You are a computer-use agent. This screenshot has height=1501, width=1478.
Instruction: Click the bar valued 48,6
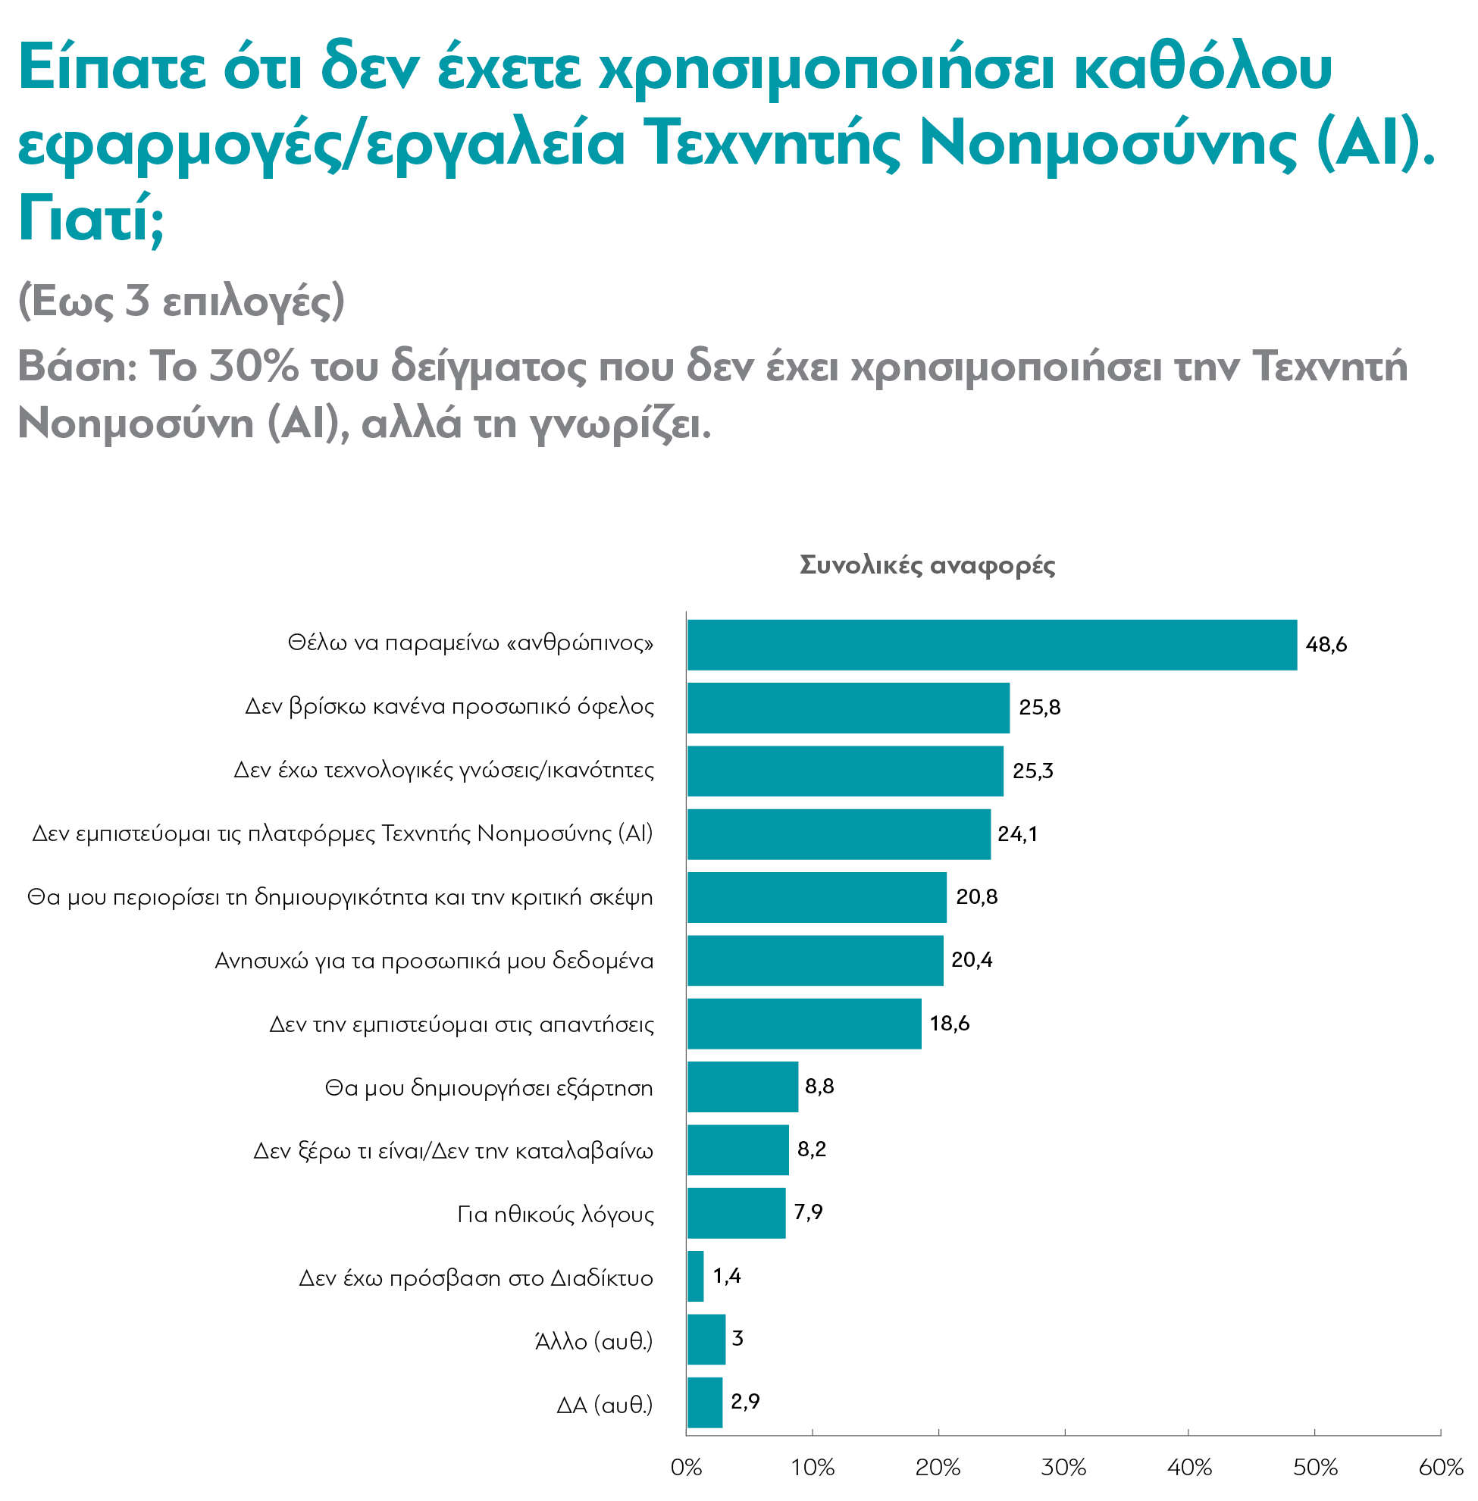pos(991,644)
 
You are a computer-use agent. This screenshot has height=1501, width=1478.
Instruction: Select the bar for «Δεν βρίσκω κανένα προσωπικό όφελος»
pos(847,707)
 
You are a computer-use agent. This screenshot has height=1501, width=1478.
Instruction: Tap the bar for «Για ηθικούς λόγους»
pos(736,1212)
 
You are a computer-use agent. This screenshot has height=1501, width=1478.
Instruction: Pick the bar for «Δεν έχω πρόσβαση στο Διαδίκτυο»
pos(696,1276)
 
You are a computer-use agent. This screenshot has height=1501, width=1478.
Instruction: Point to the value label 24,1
pos(1017,833)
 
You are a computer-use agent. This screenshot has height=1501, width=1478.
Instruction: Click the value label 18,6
pos(950,1023)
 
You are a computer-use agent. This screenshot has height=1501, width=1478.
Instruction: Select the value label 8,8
pos(819,1086)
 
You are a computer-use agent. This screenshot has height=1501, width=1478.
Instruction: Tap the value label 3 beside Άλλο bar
pos(737,1338)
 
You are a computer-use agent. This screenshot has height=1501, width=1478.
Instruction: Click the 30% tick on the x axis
pos(1063,1467)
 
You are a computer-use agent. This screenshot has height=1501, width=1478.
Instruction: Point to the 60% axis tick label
pos(1441,1467)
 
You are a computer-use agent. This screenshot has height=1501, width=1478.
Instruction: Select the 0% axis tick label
pos(686,1467)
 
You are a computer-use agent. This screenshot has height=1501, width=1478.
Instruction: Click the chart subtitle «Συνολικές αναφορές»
pos(927,564)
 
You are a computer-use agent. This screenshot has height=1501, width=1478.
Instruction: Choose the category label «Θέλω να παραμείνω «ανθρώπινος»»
pos(471,643)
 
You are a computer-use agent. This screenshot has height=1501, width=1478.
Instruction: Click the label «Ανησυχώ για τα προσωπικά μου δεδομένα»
pos(434,961)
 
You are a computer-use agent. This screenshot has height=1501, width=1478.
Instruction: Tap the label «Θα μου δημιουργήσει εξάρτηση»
pos(488,1087)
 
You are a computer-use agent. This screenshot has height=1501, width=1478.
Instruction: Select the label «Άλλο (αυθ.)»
pos(593,1340)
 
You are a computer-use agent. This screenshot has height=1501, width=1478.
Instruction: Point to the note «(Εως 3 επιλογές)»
pos(181,300)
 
